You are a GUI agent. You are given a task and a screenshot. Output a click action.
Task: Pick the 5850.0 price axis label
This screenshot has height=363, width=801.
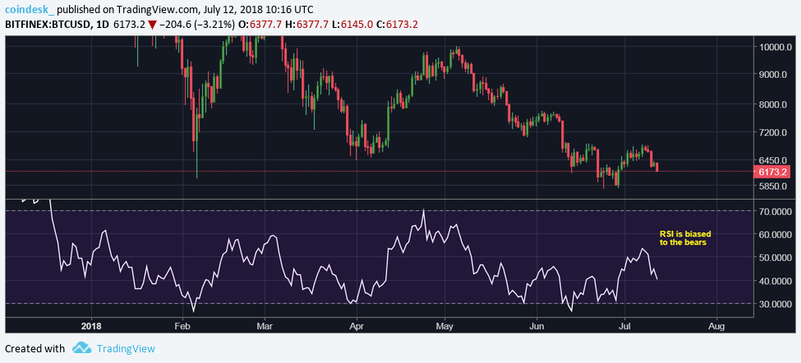[x=774, y=186]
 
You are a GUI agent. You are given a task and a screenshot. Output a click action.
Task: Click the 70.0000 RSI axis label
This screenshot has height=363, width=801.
[x=776, y=211]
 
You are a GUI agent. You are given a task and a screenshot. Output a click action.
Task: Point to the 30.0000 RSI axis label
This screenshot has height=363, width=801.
[x=776, y=304]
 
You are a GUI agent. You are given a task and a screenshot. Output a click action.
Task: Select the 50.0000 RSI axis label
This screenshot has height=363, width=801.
[x=776, y=258]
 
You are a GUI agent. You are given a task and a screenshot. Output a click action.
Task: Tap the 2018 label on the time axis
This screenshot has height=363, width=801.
[x=92, y=325]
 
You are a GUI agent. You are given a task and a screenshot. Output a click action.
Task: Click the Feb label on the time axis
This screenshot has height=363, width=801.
[x=183, y=325]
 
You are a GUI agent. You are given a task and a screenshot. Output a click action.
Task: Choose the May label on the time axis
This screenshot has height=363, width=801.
[x=444, y=325]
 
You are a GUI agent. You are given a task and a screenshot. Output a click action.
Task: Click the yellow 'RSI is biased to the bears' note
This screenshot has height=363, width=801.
[x=683, y=238]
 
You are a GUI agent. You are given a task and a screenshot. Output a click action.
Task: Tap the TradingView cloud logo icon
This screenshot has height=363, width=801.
[x=81, y=348]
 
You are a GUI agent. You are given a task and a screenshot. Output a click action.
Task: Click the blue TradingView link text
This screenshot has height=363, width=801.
[x=126, y=348]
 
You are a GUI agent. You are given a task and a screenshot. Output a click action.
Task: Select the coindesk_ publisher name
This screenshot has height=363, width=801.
[x=29, y=8]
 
